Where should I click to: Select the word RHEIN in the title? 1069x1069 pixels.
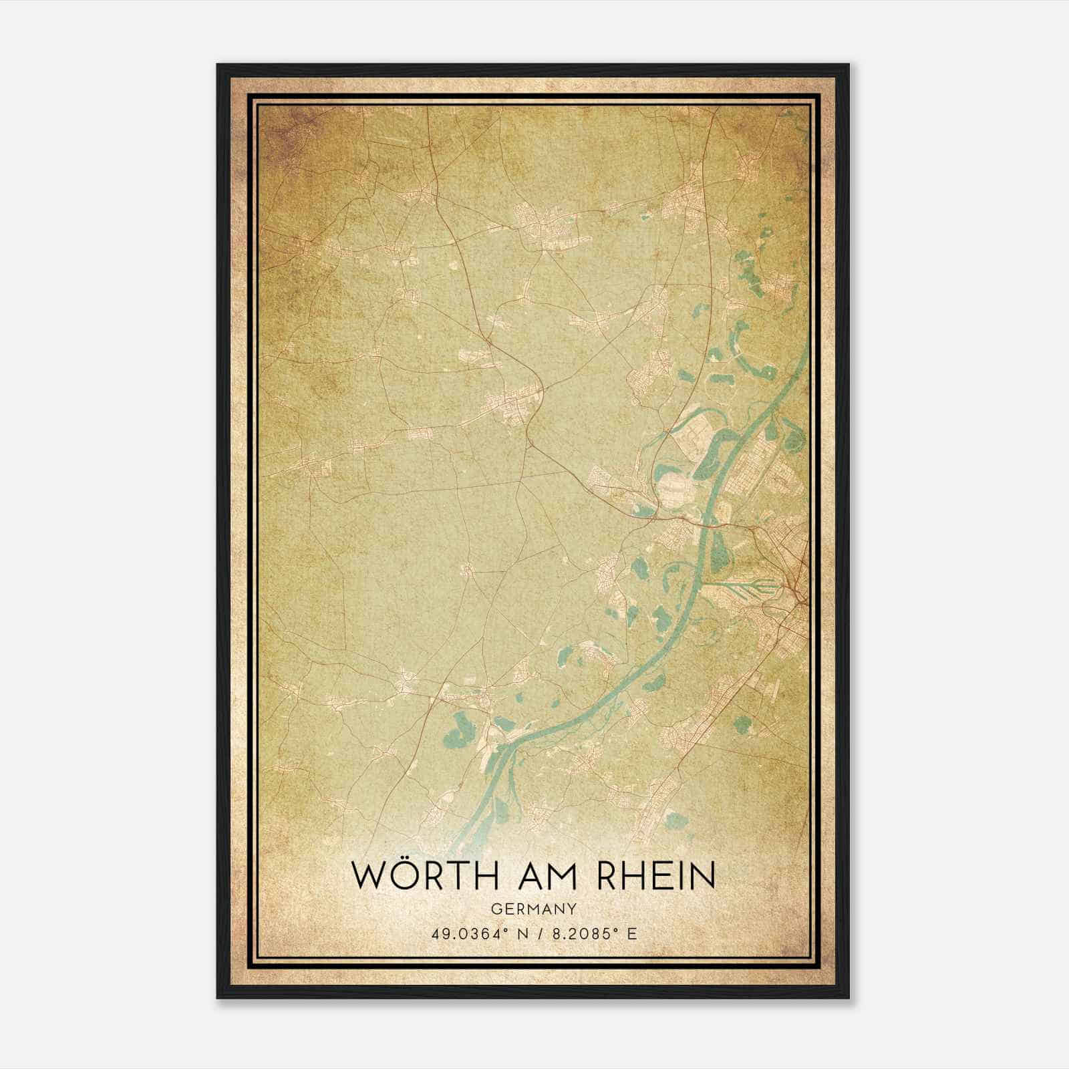pyautogui.click(x=653, y=876)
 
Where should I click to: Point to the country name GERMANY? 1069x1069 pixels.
pyautogui.click(x=534, y=909)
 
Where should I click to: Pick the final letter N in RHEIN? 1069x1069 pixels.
pyautogui.click(x=703, y=876)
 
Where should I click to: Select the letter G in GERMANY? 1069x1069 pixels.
pyautogui.click(x=494, y=909)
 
